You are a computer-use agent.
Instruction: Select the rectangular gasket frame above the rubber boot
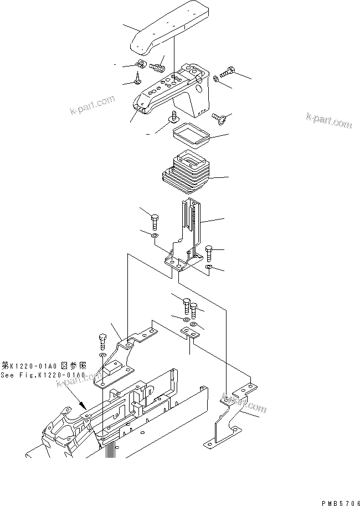(x=189, y=135)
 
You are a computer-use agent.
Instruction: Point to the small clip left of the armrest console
(x=140, y=65)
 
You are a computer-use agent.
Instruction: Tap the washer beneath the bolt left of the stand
(x=154, y=237)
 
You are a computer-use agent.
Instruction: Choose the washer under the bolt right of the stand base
(x=209, y=268)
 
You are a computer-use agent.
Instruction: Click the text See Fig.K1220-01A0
(x=43, y=375)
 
